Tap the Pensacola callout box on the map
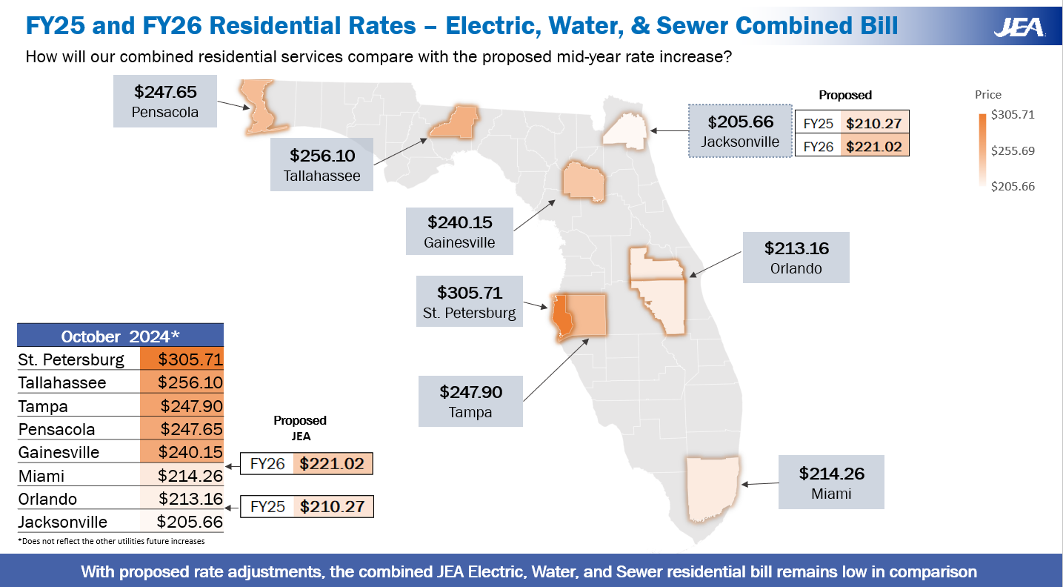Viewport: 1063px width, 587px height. (165, 101)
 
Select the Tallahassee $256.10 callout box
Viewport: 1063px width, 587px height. (321, 165)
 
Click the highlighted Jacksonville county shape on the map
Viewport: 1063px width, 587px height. (624, 130)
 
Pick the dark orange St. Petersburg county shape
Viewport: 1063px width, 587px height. (561, 317)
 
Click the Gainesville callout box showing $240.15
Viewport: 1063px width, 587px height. (459, 231)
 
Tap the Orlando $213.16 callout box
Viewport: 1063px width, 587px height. (796, 257)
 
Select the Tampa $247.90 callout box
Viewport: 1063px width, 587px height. (470, 400)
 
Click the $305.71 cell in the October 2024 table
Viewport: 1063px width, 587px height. (181, 359)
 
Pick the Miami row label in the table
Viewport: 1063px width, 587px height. (41, 476)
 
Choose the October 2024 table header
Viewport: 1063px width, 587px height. (120, 336)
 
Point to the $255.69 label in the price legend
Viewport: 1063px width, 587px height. (1013, 150)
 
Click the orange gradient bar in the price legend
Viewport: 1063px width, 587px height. (982, 150)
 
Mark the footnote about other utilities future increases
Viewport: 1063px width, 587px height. (111, 541)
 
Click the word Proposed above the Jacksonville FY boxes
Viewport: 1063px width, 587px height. (845, 95)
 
